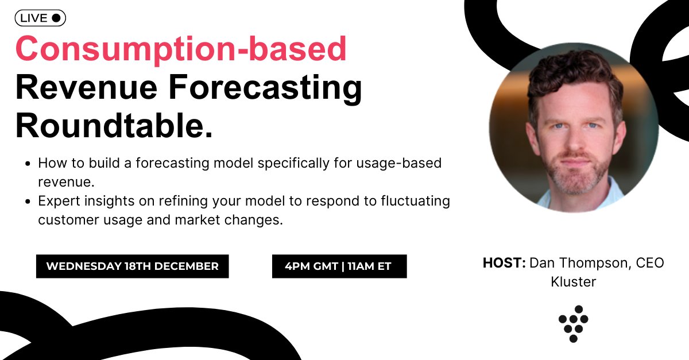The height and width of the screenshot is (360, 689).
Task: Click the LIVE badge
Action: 40,18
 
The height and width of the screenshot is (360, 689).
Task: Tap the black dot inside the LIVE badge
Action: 56,18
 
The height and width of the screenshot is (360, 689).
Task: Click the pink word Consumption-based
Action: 181,50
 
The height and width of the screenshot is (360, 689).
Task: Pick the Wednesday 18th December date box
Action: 132,266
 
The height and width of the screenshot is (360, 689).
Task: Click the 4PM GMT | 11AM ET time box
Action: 339,266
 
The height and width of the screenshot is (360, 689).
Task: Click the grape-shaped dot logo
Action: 573,323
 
